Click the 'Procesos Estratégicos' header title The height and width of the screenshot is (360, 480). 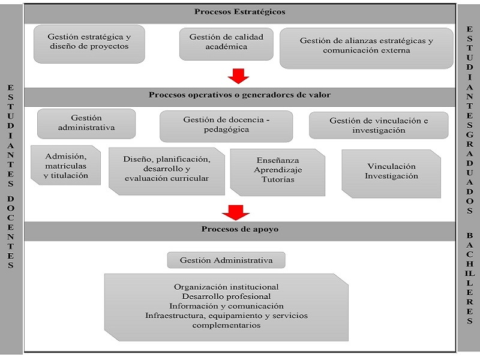tap(239, 12)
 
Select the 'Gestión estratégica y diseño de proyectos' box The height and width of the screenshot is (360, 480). tap(89, 44)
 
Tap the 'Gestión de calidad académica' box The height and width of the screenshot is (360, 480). tap(226, 44)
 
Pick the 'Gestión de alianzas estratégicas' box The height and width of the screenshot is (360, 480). tap(367, 48)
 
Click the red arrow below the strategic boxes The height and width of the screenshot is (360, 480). tap(238, 76)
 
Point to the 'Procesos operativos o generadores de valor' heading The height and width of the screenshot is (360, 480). tap(239, 95)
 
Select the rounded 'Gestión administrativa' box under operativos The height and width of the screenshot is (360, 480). tap(86, 124)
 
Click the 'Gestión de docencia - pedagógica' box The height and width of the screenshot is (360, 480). tap(226, 126)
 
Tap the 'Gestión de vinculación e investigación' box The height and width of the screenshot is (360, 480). tap(379, 125)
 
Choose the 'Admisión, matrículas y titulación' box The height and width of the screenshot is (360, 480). tap(65, 166)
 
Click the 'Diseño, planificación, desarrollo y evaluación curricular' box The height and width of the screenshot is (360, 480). tap(167, 172)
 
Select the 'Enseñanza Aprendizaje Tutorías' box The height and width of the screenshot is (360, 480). tap(278, 172)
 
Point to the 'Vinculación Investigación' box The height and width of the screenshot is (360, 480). tap(391, 173)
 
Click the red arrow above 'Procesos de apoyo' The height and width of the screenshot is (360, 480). tap(236, 212)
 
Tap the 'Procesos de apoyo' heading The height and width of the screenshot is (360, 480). tap(239, 229)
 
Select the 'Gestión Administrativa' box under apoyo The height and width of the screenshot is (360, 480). tap(226, 260)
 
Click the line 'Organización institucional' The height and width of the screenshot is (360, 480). tap(226, 287)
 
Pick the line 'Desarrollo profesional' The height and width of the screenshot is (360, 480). tap(226, 296)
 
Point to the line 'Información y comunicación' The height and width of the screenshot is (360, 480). tap(226, 306)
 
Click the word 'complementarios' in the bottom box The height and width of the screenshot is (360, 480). tap(226, 325)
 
